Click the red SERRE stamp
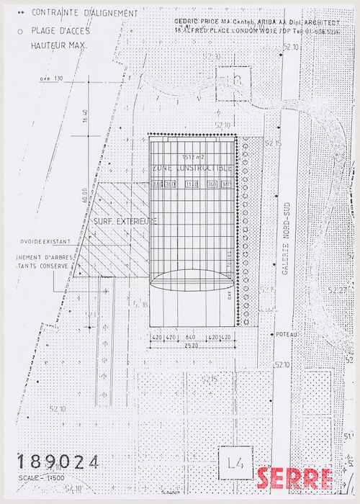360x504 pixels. (294, 478)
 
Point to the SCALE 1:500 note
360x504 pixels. (42, 478)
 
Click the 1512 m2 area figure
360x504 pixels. (193, 156)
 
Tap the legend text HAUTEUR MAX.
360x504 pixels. (58, 45)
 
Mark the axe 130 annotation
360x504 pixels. (52, 78)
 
